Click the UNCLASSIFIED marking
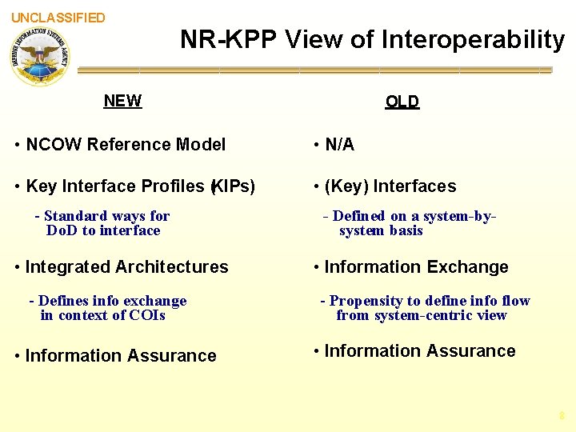point(58,18)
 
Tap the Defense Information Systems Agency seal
point(40,56)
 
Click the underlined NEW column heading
point(122,101)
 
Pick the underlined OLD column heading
point(402,102)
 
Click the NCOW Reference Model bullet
point(126,145)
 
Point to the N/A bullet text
point(339,145)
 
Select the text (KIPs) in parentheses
point(232,186)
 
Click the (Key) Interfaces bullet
point(390,186)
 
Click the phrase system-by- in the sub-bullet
point(454,216)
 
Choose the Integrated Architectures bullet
point(126,267)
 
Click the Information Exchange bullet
point(416,267)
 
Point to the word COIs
point(146,315)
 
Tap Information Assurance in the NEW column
point(121,356)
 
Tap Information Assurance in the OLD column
point(420,351)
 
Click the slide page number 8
point(562,416)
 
